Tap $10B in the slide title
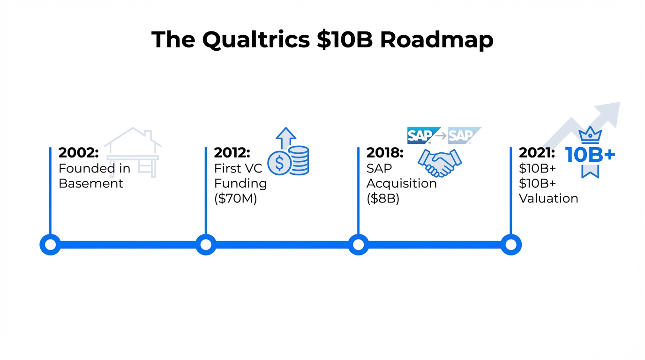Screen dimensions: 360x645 (x=345, y=40)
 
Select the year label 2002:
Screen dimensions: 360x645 (x=79, y=153)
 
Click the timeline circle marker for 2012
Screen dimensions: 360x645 (x=206, y=244)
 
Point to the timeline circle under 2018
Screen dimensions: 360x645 (x=358, y=244)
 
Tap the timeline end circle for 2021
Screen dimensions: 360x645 (x=511, y=244)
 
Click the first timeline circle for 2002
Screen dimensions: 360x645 (x=50, y=244)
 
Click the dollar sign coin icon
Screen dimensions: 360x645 (x=279, y=163)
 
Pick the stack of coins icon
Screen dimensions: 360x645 (x=299, y=161)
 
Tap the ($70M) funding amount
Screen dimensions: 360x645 (x=236, y=199)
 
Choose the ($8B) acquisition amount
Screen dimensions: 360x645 (x=383, y=199)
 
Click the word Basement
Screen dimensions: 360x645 (x=91, y=183)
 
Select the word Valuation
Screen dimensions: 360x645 (x=548, y=199)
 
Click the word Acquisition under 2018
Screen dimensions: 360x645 (x=401, y=183)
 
